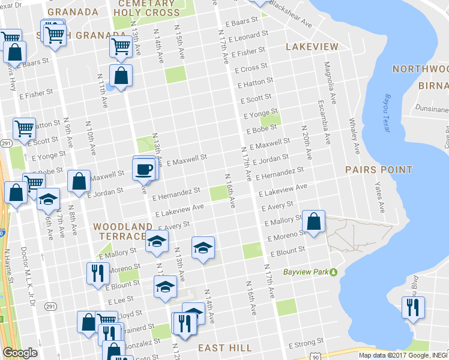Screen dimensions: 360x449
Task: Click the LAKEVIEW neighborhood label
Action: click(x=312, y=47)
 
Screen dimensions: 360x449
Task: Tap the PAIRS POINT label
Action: click(x=379, y=170)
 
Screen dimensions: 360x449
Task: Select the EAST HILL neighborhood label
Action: click(x=225, y=348)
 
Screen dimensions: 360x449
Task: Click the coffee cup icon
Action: click(x=145, y=168)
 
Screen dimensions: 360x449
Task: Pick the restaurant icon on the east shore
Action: click(x=413, y=308)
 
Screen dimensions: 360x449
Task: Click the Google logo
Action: click(x=20, y=353)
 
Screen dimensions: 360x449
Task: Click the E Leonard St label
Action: click(x=243, y=37)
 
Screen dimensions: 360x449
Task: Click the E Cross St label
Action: click(x=251, y=68)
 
